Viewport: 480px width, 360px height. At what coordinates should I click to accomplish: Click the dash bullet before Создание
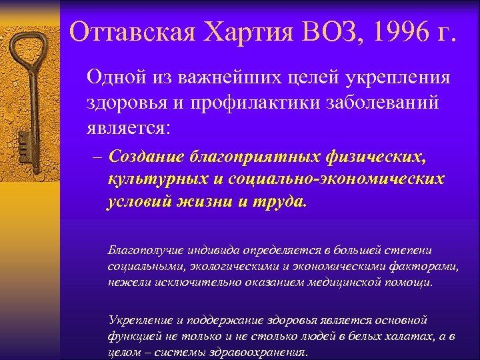point(96,158)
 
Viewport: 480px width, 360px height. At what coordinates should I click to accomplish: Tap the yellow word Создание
point(147,158)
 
